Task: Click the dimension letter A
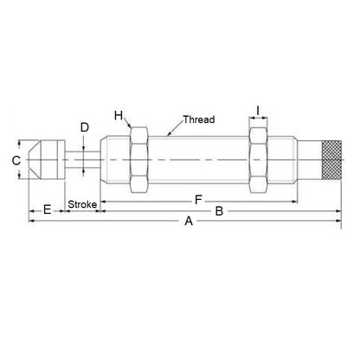189,222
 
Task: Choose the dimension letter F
199,200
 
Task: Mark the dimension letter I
259,110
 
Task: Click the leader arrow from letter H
129,124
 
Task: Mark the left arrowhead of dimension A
33,222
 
